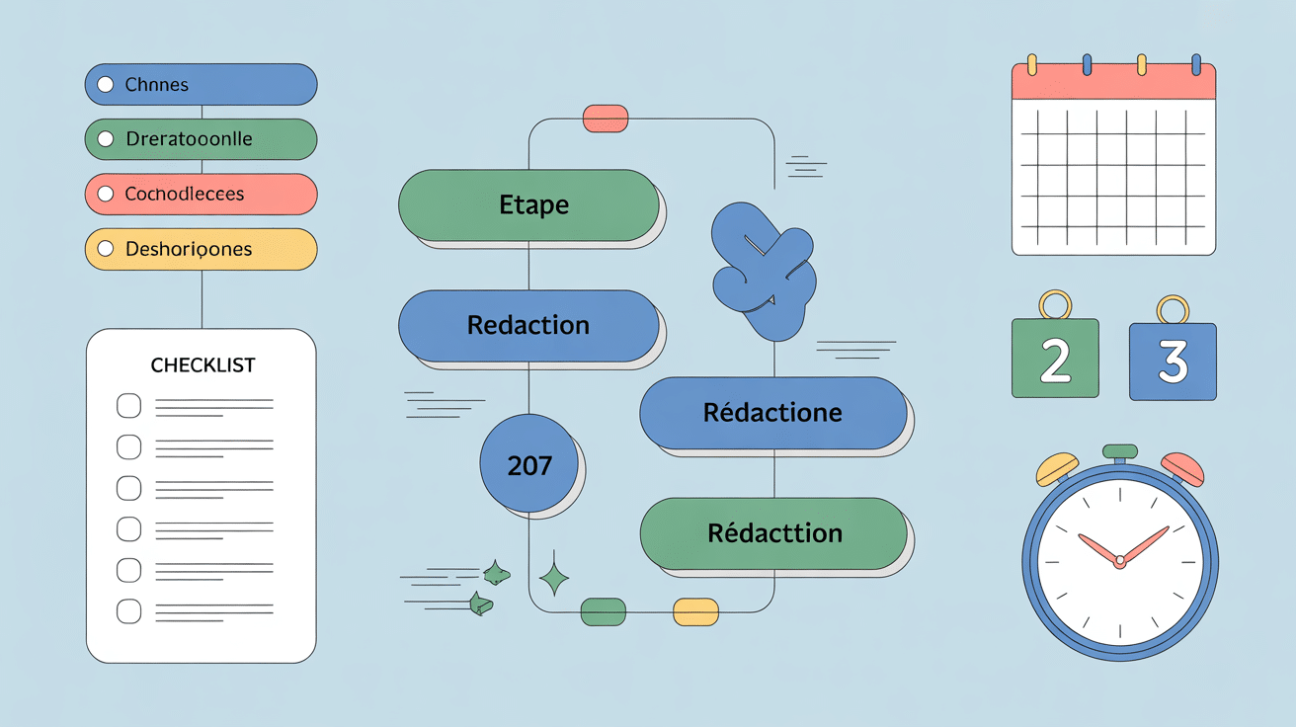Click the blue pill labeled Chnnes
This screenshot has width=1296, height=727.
point(202,84)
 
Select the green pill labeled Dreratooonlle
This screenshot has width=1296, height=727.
point(202,139)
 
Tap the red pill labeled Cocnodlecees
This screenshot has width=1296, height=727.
point(202,195)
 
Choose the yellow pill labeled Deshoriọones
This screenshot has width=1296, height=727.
point(202,250)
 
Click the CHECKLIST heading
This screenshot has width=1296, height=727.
point(202,365)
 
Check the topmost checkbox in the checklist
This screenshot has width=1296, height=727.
point(129,406)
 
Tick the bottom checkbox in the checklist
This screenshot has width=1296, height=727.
point(129,609)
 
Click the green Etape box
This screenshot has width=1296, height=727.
point(528,204)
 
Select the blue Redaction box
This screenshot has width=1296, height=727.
point(528,325)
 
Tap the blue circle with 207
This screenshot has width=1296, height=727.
point(528,464)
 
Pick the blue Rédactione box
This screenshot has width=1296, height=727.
point(772,412)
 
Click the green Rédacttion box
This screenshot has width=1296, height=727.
point(772,533)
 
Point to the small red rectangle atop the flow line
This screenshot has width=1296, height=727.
point(606,118)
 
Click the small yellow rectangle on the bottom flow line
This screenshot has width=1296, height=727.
point(695,611)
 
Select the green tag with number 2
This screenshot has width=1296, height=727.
point(1055,358)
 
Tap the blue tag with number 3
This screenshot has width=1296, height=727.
point(1173,361)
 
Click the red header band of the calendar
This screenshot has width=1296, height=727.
point(1113,83)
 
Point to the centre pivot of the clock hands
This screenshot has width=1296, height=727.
point(1119,561)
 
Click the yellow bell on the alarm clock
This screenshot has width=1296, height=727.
point(1057,468)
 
